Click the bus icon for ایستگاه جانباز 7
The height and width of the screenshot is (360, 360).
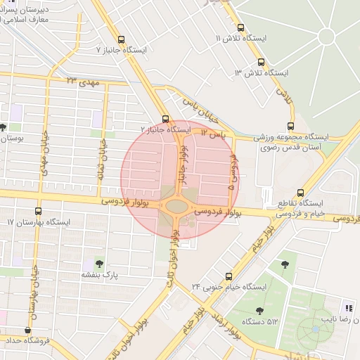click(x=122, y=40)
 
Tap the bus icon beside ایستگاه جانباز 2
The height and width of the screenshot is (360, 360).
click(x=165, y=119)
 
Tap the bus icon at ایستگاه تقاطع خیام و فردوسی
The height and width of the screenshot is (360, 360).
click(x=301, y=192)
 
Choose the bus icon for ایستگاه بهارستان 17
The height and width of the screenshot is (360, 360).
click(x=38, y=210)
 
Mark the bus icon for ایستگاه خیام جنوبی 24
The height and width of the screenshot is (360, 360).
click(x=228, y=276)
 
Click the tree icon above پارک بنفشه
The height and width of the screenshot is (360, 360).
click(x=98, y=263)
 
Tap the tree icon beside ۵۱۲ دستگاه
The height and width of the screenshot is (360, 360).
click(x=259, y=310)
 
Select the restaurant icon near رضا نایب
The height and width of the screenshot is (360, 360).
click(x=348, y=308)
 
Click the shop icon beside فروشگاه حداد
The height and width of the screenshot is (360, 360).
click(x=28, y=330)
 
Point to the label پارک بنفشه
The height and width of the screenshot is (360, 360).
click(x=98, y=275)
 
